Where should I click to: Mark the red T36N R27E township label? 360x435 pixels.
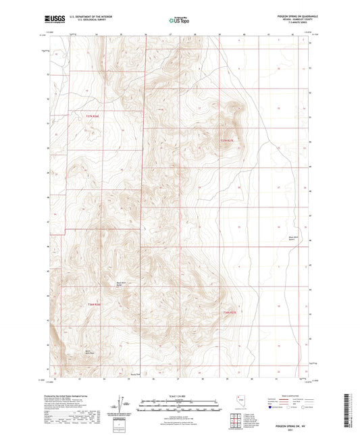231,312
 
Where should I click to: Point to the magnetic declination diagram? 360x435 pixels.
120,403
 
